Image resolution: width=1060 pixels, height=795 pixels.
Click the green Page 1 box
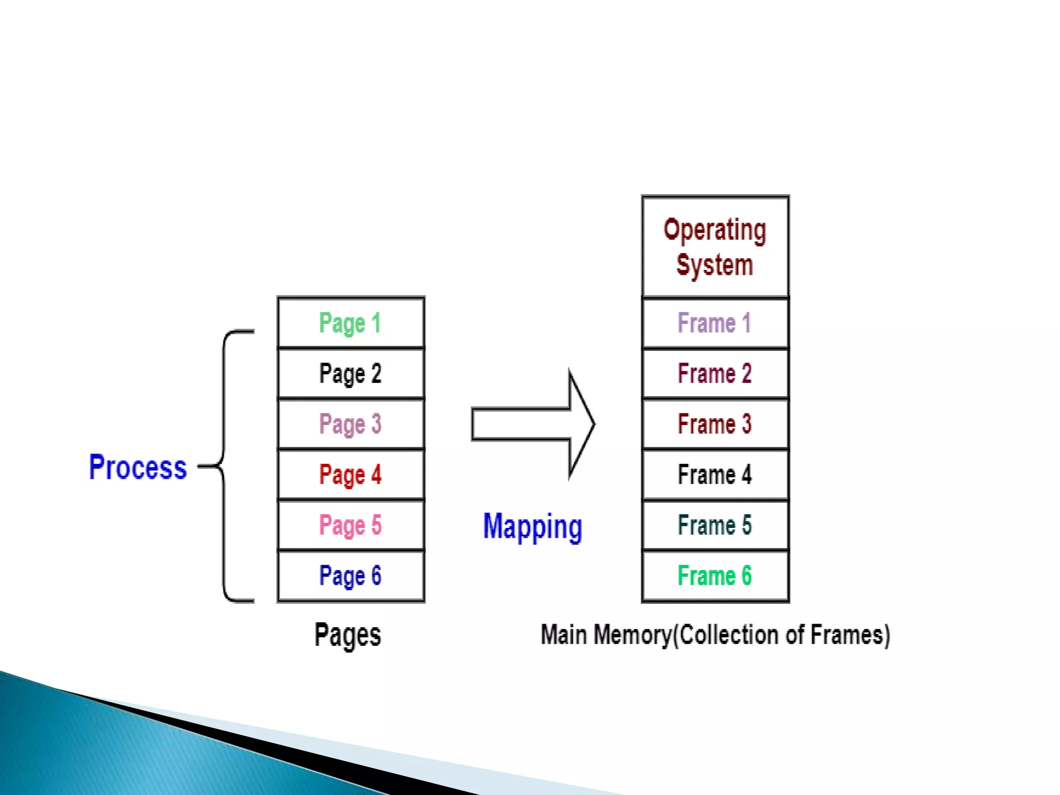351,323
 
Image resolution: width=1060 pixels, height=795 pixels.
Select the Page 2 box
351,373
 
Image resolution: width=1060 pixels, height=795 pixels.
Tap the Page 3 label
350,424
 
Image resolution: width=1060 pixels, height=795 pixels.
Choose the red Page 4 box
351,474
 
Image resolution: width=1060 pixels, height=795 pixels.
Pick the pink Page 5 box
351,525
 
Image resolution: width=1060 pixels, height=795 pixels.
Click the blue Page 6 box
351,576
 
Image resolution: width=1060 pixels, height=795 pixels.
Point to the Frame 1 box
715,323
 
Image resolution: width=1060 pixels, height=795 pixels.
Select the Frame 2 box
715,373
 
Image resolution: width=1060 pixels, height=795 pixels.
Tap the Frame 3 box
715,424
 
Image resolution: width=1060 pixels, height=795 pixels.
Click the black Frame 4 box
715,474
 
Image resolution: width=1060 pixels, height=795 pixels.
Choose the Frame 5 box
715,525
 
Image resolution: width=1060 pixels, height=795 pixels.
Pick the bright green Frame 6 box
715,576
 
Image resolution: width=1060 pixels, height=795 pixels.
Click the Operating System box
715,247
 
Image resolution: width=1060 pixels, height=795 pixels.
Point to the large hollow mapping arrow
533,424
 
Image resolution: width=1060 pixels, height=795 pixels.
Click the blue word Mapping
533,527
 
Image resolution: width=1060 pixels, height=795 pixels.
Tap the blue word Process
138,467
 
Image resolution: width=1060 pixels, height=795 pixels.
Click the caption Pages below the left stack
348,635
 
